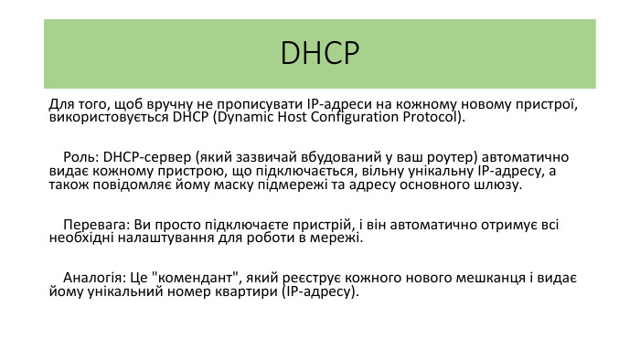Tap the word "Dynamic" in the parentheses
coord(240,118)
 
